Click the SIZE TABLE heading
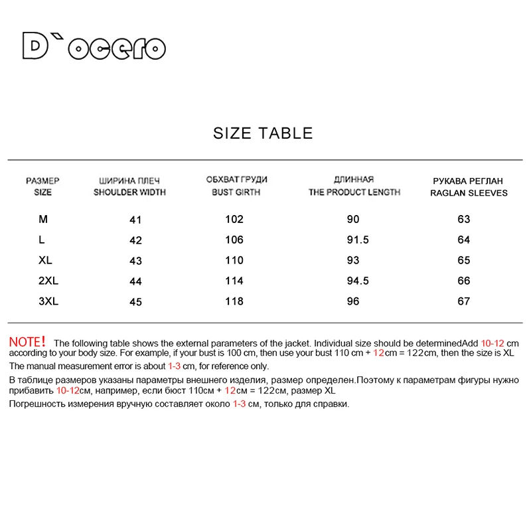(263, 133)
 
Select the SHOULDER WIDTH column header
(129, 192)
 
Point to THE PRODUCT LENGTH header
(354, 192)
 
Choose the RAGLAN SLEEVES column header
(469, 192)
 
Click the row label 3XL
(48, 301)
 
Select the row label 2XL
(48, 281)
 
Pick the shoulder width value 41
(135, 220)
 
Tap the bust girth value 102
(234, 219)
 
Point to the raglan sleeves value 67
(463, 301)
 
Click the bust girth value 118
(234, 301)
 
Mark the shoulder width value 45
(135, 302)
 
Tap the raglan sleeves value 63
(463, 219)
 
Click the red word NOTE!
(27, 342)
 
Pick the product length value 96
(352, 301)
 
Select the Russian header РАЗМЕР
(42, 181)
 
